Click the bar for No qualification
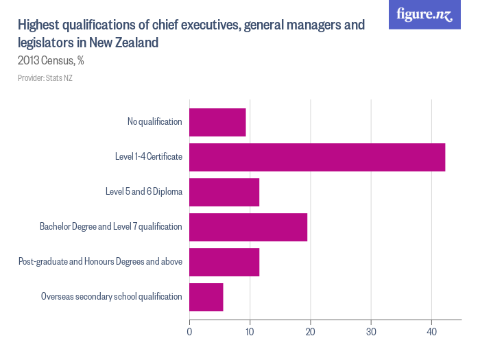tap(217, 122)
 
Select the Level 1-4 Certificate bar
tap(317, 157)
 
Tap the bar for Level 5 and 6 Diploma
tap(224, 192)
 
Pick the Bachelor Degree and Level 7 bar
tap(248, 227)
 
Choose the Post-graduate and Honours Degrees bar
tap(224, 262)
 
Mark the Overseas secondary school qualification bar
tap(206, 297)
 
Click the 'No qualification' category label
tap(154, 122)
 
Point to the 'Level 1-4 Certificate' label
tap(148, 157)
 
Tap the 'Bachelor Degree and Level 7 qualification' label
tap(110, 227)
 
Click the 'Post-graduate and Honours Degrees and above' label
tap(100, 262)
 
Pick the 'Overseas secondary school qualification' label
tap(111, 297)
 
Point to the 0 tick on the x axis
tap(189, 331)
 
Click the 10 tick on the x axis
tap(250, 331)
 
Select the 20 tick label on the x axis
tap(311, 331)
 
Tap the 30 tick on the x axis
tap(371, 331)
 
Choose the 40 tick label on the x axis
tap(432, 331)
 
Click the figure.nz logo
tap(424, 14)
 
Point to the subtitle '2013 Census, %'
tap(51, 61)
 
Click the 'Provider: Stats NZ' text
tap(45, 78)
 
